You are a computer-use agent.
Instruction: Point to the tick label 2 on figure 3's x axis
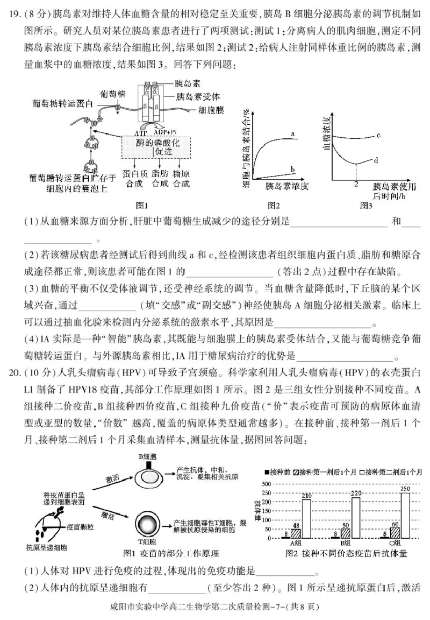355,184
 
